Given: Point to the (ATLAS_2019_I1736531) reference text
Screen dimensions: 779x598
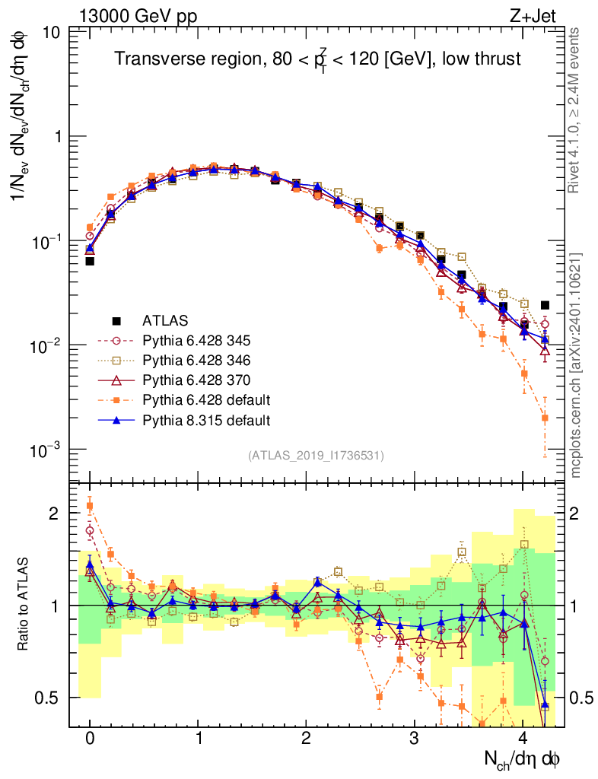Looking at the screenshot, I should click(x=316, y=456).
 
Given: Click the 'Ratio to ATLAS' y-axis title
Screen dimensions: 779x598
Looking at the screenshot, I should click(x=25, y=605).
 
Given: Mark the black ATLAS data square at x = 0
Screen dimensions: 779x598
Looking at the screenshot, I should click(x=90, y=261).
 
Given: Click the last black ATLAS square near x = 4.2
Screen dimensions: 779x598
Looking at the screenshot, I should click(x=545, y=305).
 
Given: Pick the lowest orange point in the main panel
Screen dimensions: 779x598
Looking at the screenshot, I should click(x=545, y=418).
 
